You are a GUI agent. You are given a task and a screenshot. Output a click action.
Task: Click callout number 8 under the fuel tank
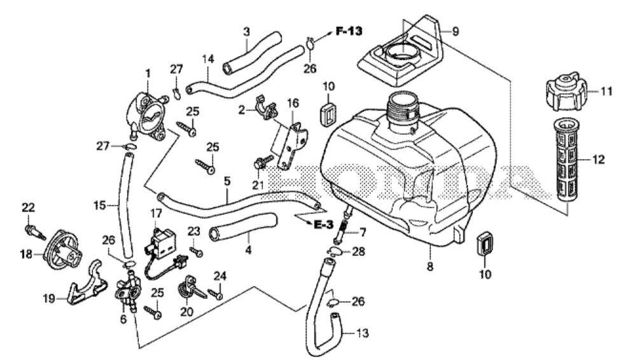[x=430, y=267]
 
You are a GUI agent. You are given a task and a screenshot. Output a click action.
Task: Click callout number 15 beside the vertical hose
[x=98, y=205]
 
